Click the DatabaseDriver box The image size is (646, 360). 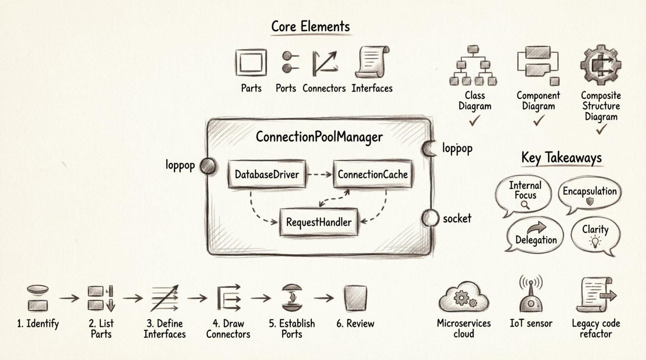[267, 175]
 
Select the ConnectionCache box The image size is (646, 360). [372, 175]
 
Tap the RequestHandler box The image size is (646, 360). [319, 222]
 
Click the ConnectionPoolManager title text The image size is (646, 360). [319, 137]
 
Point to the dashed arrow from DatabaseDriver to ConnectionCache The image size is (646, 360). [319, 175]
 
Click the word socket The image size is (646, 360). [457, 219]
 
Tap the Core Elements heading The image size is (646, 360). [311, 26]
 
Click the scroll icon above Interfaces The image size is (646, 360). [372, 62]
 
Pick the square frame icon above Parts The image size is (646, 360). [251, 62]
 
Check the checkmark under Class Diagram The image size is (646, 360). [474, 121]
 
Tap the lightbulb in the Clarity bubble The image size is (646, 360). [595, 242]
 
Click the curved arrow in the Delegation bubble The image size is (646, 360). [536, 228]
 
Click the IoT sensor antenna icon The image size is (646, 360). [531, 295]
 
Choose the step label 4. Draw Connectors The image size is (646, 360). [228, 329]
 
